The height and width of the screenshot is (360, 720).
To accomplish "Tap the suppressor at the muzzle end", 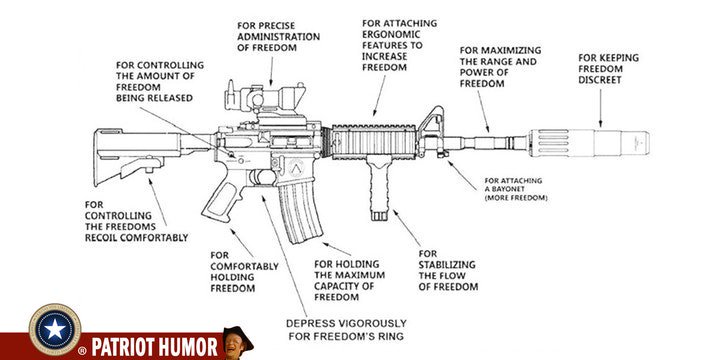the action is (589, 143).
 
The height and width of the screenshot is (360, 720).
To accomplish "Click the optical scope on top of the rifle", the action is (265, 97).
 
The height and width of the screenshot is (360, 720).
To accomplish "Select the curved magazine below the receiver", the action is (300, 210).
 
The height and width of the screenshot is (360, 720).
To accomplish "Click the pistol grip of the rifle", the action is (222, 196).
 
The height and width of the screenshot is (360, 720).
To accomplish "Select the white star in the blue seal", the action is (55, 330).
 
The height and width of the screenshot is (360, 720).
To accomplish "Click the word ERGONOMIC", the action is (391, 34).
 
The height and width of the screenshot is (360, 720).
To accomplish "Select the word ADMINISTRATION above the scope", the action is (279, 37).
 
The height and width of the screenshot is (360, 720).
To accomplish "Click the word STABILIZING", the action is (447, 265).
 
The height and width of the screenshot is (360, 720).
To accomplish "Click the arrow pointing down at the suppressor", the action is (600, 108).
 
